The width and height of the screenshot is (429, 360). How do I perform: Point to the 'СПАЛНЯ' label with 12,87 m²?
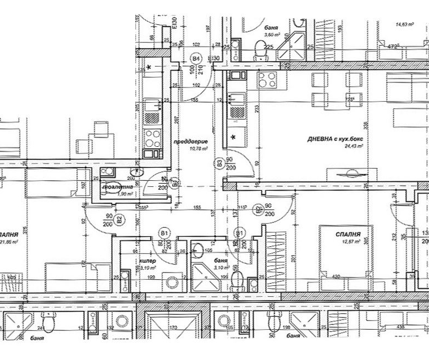(x=348, y=234)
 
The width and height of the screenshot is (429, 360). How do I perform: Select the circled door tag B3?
(x=219, y=162)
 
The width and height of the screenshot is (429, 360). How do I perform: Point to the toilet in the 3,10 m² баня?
(x=236, y=283)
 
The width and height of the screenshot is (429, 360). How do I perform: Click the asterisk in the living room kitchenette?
(x=234, y=137)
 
